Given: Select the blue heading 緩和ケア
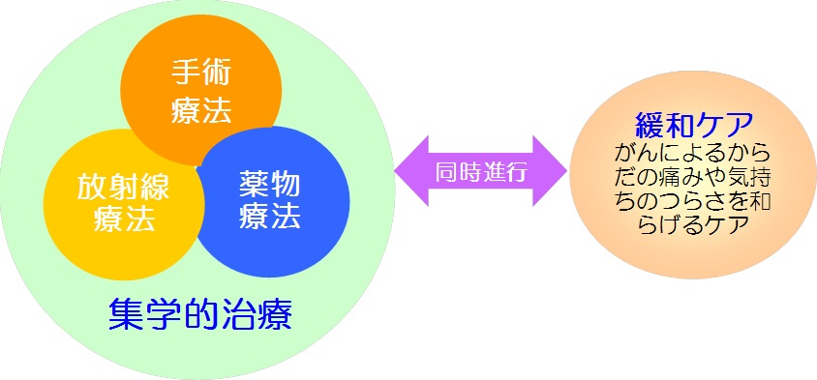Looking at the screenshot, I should (694, 124).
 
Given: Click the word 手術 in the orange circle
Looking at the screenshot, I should (201, 73).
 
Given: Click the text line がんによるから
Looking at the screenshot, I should (694, 152).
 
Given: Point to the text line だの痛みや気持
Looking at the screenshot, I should (694, 176).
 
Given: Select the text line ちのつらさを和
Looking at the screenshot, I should (694, 199).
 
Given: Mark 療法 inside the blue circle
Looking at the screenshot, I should (270, 217).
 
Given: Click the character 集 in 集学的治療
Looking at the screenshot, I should (121, 315).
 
